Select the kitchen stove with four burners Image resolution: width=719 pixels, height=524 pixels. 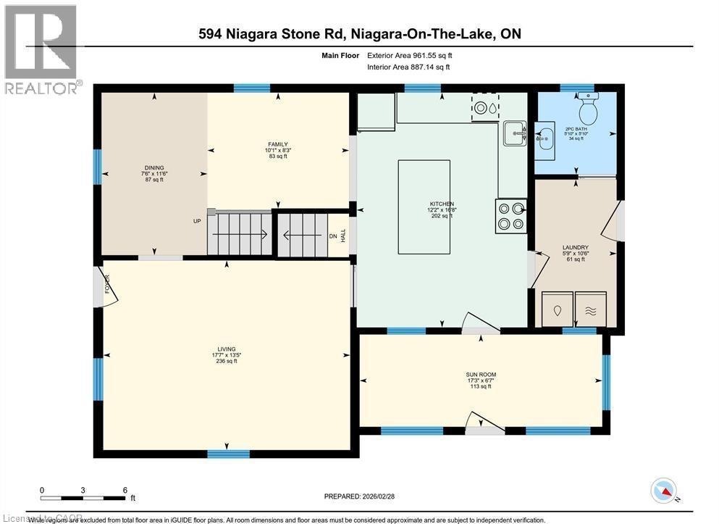510,216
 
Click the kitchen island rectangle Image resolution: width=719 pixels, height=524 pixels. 424,207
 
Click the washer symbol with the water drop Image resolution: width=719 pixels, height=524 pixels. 557,309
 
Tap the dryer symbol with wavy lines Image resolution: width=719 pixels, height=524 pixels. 591,309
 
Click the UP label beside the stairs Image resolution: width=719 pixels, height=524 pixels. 196,221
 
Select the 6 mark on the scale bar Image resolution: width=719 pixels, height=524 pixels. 125,490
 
